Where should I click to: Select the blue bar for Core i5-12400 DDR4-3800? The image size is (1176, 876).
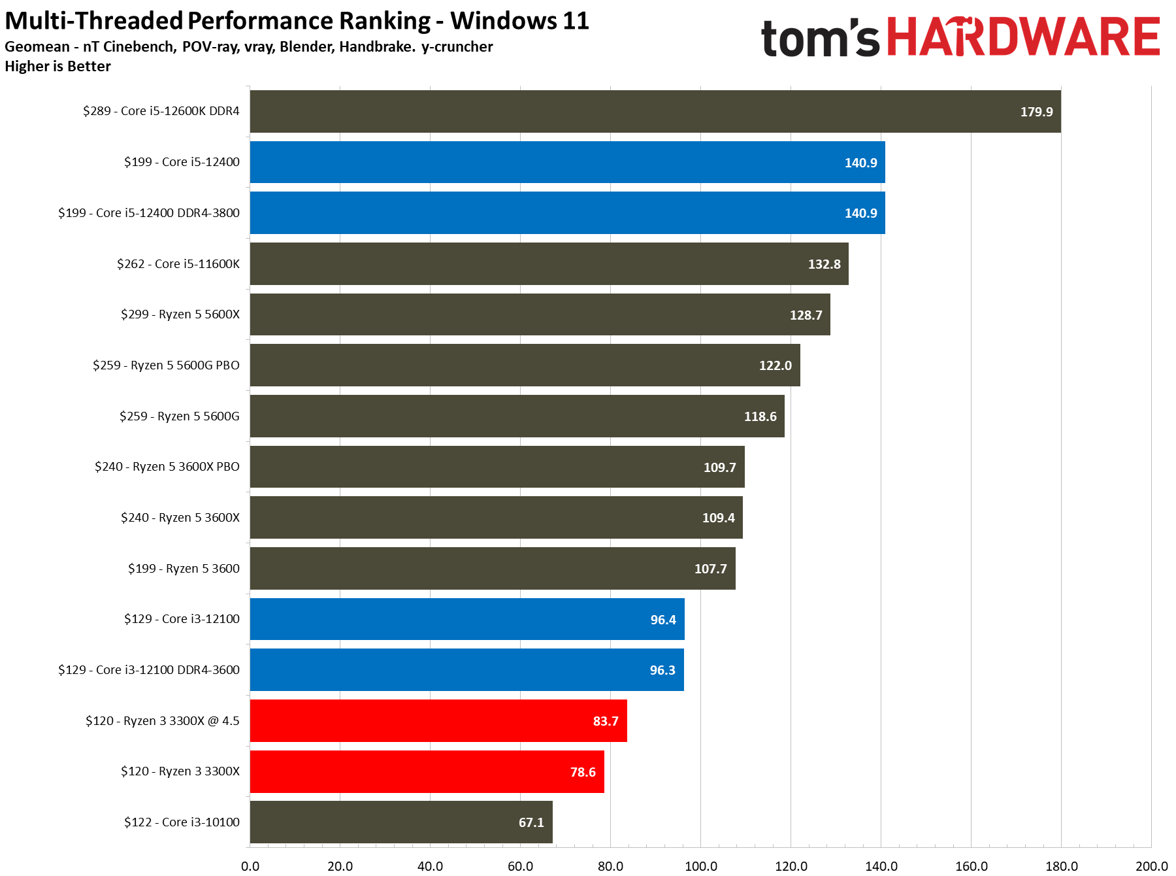(567, 213)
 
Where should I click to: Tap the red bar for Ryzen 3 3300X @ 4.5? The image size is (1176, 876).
(438, 721)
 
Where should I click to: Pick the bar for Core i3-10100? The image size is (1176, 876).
(400, 822)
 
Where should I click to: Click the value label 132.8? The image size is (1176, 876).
(824, 264)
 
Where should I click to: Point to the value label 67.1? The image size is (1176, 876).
(531, 822)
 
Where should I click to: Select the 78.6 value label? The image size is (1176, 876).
(583, 772)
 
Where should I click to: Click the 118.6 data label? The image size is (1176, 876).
(760, 416)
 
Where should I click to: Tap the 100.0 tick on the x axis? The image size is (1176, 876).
(700, 866)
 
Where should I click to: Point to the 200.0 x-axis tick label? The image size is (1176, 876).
(1151, 866)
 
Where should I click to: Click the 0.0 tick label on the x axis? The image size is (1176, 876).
(250, 866)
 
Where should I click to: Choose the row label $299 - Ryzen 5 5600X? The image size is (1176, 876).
(180, 314)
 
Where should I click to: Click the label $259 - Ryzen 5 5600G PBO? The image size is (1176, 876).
(166, 365)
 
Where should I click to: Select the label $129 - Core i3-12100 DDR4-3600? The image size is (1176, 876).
(149, 670)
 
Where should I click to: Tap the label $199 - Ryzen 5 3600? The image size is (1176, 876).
(184, 569)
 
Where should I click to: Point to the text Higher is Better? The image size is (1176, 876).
(58, 67)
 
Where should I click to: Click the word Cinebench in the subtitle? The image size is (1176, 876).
(139, 47)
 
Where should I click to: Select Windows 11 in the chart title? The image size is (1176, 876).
(519, 21)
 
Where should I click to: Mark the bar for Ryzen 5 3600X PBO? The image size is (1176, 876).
(497, 467)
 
